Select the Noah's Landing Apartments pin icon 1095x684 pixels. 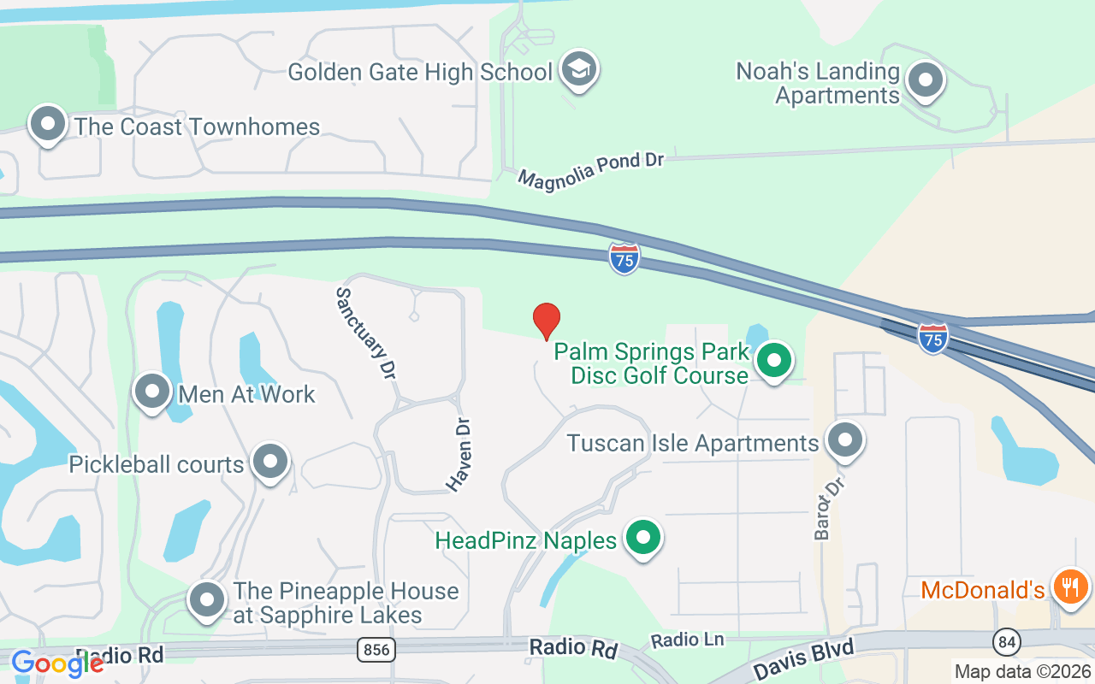[x=924, y=81]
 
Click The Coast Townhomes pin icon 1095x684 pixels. [x=48, y=125]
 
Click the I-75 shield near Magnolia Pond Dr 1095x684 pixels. [x=624, y=258]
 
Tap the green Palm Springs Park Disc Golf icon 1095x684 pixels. [x=774, y=361]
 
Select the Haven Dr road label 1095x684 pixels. [x=459, y=455]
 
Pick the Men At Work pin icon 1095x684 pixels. [x=152, y=392]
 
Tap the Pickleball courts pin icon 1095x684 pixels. [x=271, y=462]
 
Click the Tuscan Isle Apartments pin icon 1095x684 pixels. [x=846, y=441]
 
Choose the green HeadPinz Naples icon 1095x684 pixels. [x=644, y=539]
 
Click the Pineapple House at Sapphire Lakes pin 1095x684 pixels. [x=206, y=600]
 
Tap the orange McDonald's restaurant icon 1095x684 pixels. [x=1069, y=587]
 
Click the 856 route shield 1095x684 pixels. [x=376, y=651]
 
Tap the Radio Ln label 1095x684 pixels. [x=687, y=640]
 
